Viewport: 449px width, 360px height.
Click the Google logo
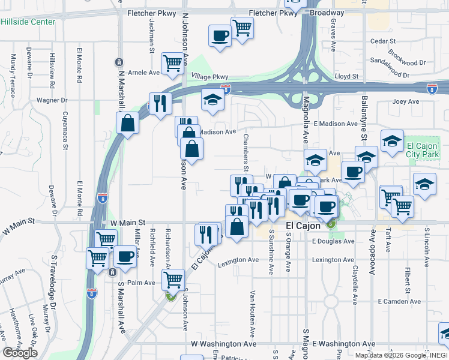(x=20, y=353)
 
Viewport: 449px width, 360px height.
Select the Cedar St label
(x=384, y=41)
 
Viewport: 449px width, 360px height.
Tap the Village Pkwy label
(x=210, y=77)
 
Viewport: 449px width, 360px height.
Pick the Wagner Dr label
(x=52, y=100)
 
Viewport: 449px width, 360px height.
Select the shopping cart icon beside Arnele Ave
(x=172, y=62)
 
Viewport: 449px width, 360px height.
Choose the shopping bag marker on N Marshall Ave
(x=128, y=123)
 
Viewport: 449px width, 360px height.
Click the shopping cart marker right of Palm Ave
(x=173, y=278)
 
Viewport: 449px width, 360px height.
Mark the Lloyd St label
(x=346, y=77)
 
